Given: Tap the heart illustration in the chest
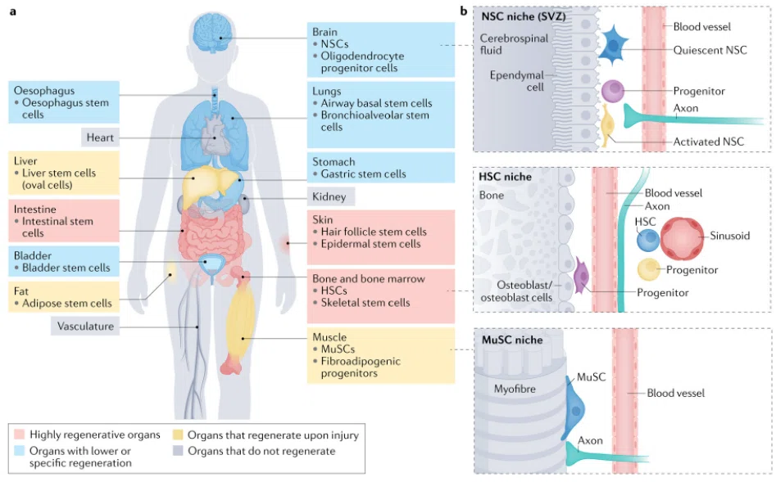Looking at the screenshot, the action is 215,133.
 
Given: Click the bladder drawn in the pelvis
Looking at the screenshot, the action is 211,264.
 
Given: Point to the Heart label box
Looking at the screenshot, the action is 101,137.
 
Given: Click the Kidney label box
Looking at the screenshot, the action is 330,196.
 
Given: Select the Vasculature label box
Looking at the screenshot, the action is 85,327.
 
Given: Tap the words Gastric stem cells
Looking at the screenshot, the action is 363,174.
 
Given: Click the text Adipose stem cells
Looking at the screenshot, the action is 67,304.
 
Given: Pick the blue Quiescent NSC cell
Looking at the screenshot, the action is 613,46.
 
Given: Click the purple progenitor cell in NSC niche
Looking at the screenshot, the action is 613,91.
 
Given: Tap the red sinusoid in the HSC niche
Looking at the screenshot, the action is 682,238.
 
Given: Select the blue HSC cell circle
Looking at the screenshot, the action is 648,241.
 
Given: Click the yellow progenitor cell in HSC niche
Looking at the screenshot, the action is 649,269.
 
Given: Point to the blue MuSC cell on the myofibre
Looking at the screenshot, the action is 574,408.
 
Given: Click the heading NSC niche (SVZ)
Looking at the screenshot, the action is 523,16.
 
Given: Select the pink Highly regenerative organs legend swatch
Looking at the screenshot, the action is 20,435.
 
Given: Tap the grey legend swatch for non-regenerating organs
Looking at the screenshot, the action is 178,451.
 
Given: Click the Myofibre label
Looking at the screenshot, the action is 515,389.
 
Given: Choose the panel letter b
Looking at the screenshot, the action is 464,11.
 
